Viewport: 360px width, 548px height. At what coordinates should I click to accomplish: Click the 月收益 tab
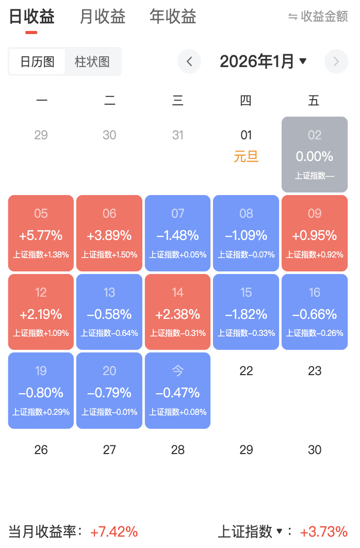103,17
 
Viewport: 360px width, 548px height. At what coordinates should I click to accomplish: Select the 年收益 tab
173,17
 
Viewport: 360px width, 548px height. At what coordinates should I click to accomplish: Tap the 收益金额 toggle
318,17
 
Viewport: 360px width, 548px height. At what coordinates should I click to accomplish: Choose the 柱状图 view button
92,62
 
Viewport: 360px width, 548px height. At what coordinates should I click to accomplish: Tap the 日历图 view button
37,62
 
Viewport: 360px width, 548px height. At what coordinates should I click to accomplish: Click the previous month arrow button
189,62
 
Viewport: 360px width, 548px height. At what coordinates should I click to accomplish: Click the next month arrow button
336,62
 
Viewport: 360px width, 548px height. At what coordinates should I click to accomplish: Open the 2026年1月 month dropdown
263,62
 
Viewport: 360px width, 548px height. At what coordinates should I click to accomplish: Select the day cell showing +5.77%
41,233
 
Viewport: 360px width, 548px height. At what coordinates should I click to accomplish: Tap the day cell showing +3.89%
109,233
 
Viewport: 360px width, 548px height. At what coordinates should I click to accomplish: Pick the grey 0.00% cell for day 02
315,154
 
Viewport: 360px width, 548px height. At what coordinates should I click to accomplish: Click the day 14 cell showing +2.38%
177,312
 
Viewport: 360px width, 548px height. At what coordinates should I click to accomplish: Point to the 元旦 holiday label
246,156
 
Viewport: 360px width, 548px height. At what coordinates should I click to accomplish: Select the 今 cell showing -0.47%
177,391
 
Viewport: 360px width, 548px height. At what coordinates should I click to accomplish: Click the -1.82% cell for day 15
246,312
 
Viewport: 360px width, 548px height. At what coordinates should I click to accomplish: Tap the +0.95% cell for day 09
315,233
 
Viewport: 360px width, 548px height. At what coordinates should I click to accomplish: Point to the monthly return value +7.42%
114,531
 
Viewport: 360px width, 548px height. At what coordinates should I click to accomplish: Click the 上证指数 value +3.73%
324,531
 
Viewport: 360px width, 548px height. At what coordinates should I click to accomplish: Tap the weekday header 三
177,101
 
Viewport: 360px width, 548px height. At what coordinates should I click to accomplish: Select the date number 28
177,450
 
